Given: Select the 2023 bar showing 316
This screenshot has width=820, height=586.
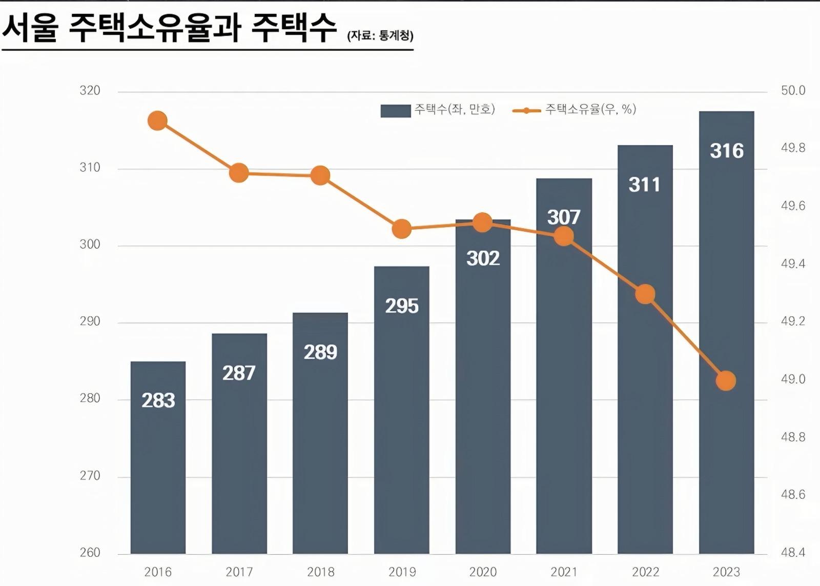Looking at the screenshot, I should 726,333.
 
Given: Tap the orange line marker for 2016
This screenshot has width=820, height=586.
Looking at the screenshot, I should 158,121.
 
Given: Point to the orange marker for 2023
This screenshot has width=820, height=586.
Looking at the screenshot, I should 726,381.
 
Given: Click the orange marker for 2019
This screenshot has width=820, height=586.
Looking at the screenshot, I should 402,229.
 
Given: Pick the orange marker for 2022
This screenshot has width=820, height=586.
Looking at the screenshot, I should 645,294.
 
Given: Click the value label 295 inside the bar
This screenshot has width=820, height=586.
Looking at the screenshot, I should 402,306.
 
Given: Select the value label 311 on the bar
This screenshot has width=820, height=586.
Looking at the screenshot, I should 645,185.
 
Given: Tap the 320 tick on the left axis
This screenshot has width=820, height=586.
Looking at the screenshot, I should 90,91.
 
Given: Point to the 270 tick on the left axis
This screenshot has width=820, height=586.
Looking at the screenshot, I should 90,476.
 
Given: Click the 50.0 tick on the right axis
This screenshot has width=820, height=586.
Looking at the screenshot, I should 793,91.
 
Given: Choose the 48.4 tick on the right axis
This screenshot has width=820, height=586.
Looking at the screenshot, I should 793,553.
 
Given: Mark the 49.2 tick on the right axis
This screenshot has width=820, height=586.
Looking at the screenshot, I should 793,321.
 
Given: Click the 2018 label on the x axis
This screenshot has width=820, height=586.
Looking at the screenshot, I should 320,572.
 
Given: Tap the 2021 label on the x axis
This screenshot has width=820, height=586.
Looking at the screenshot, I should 564,572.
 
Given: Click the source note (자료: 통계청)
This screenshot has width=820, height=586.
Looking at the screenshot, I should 380,36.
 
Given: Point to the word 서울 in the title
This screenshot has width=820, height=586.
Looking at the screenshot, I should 30,28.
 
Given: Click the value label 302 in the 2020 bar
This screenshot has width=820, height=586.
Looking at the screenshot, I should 483,258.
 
